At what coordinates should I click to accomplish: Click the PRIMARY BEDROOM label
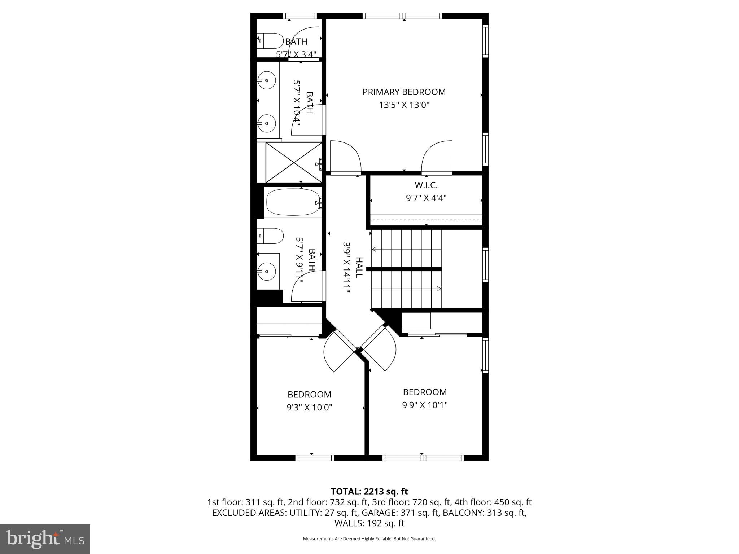coord(404,92)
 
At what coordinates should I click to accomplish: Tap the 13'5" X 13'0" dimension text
coord(404,105)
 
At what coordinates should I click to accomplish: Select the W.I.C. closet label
coord(426,185)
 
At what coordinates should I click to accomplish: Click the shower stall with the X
coord(294,162)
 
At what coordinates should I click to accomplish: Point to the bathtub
coord(293,202)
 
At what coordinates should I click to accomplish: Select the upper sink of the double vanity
coord(267,80)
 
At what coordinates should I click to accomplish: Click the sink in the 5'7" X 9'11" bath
coord(267,271)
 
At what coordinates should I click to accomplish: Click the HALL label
coord(359,267)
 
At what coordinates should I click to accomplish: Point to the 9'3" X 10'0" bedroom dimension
coord(309,408)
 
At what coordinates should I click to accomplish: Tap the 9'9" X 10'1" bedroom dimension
coord(425,405)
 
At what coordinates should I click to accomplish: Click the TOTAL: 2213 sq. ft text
coord(369,492)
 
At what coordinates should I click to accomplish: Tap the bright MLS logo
coord(45,539)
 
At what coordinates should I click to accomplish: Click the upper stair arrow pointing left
coord(374,249)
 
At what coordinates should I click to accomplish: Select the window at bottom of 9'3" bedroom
coord(314,458)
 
